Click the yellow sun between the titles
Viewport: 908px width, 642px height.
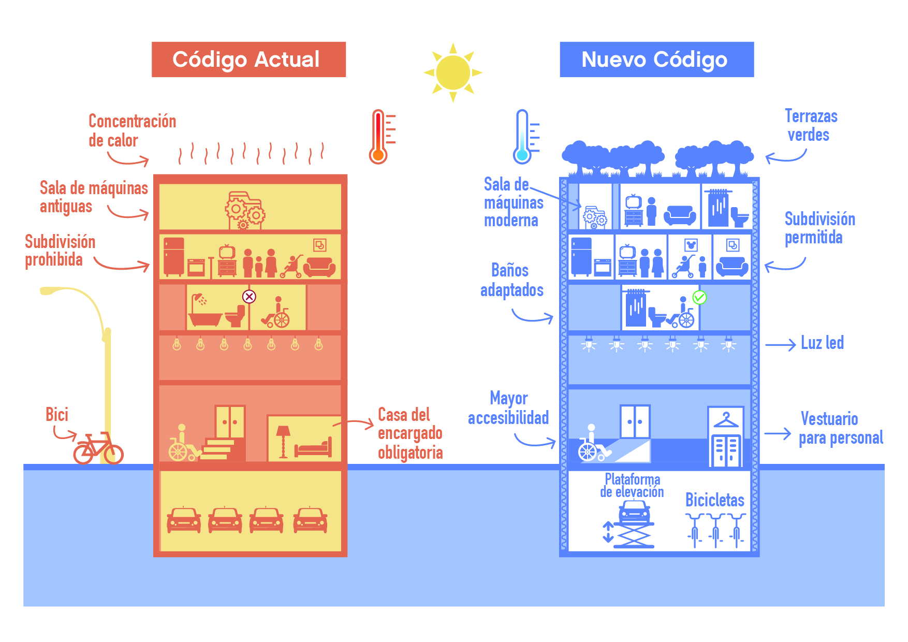tap(453, 72)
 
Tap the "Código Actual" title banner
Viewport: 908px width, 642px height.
tap(248, 60)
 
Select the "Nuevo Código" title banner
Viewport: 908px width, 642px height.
tap(656, 60)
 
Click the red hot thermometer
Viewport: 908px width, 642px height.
tap(379, 137)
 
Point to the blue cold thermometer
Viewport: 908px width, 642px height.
tap(523, 137)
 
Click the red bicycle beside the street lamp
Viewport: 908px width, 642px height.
tap(98, 448)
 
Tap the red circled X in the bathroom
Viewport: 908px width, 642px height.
tap(249, 297)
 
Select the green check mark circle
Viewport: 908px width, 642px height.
tap(699, 297)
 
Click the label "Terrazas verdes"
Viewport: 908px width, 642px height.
tap(810, 126)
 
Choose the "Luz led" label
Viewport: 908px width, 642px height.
tap(822, 343)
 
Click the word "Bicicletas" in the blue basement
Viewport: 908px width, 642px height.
tap(714, 500)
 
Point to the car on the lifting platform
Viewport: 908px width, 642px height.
tap(634, 512)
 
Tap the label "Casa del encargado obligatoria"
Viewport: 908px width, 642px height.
tap(410, 434)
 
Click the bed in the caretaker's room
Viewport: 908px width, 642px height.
tap(313, 447)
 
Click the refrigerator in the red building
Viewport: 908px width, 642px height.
tap(174, 256)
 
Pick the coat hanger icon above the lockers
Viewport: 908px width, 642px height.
tap(726, 420)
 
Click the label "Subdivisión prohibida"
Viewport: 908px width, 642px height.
tap(60, 251)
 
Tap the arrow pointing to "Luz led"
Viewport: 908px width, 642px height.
tap(780, 345)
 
